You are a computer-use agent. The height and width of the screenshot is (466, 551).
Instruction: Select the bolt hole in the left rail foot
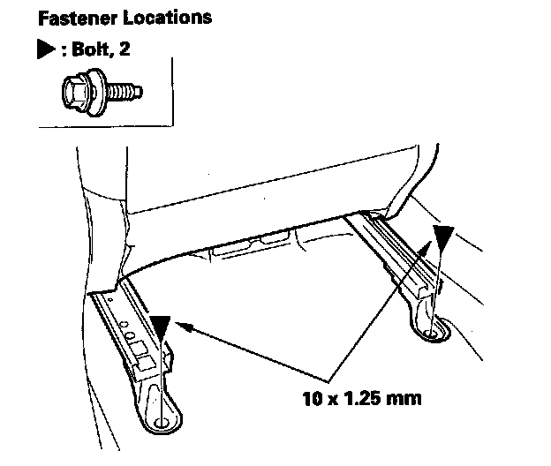(162, 424)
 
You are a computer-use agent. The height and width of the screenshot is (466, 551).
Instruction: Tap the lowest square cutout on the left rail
(145, 361)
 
